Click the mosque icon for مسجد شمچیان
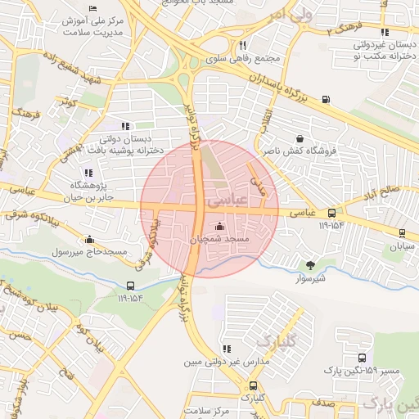219,227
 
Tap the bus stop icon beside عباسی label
331,212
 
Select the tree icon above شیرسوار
309,264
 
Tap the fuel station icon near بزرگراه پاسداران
327,100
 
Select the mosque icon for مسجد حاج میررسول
89,239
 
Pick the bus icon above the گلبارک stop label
252,385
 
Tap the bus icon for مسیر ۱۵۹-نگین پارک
363,358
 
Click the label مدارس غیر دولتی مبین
215,360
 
